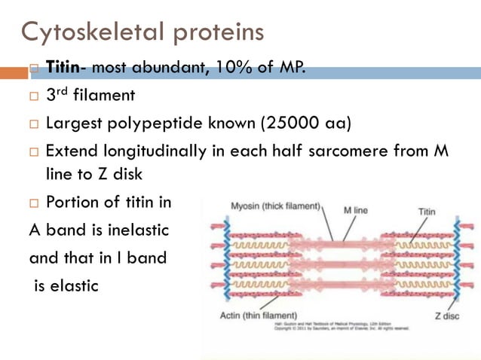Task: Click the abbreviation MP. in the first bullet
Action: coord(286,69)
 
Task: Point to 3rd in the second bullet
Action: coord(59,96)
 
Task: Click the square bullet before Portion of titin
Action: coord(34,203)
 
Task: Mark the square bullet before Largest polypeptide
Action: coord(34,124)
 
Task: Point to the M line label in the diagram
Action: coord(355,209)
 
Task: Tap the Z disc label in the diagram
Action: coord(447,316)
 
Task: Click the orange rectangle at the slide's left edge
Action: coord(14,73)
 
